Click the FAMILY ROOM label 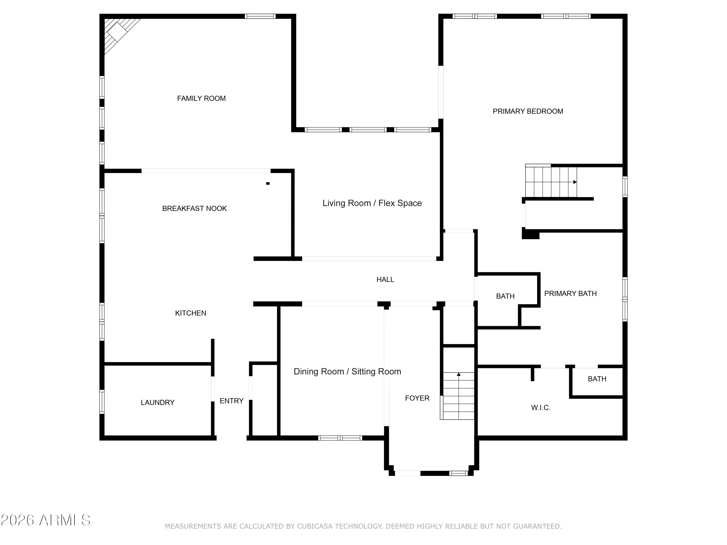201,98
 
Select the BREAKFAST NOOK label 195,208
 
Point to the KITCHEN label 191,313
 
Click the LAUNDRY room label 158,402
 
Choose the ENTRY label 231,401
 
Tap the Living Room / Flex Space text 372,203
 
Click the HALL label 385,280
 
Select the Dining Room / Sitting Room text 348,372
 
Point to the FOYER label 417,398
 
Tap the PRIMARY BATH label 570,293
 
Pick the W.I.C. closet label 541,408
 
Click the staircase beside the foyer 458,396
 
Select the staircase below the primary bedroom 551,182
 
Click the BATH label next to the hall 505,296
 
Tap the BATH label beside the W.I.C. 597,379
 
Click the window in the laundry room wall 102,401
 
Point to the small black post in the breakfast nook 268,183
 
